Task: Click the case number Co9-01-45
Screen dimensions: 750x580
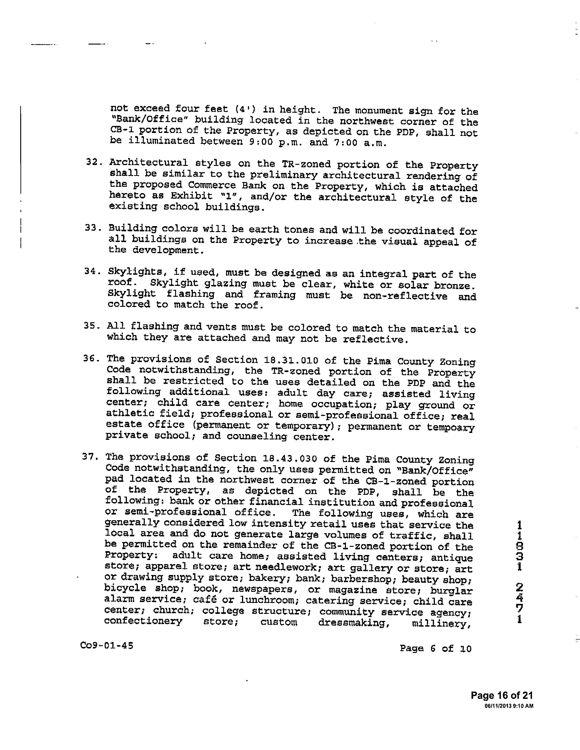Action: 106,646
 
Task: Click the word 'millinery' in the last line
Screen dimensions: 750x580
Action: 441,623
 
